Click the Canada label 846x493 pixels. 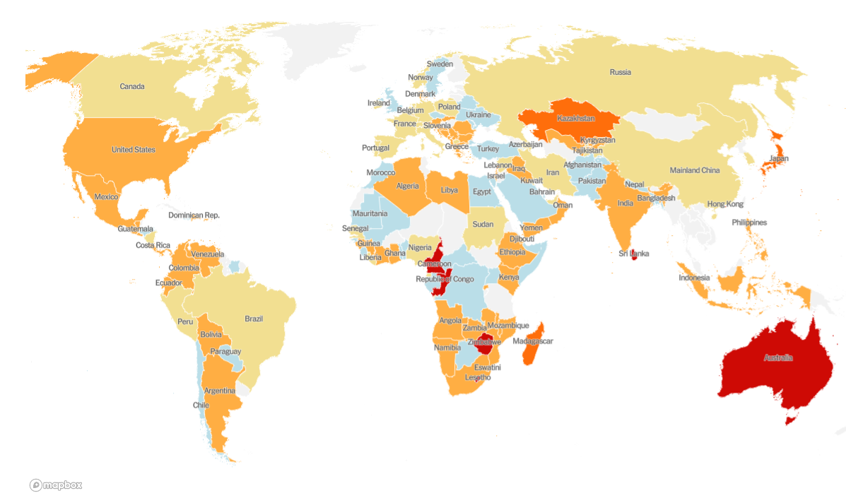click(132, 87)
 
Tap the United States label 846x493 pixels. click(134, 150)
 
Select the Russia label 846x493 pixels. click(621, 72)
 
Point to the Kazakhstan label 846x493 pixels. click(575, 119)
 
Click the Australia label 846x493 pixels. click(778, 358)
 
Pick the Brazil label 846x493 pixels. click(254, 319)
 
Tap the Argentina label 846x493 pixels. click(220, 391)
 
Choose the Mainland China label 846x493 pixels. click(695, 170)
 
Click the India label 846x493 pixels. click(625, 203)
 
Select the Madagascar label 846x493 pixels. click(533, 341)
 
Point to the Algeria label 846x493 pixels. click(407, 186)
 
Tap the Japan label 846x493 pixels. click(779, 159)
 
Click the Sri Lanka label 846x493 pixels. click(634, 254)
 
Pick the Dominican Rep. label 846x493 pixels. click(194, 215)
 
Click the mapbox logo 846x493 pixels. click(56, 485)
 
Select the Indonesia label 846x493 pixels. click(694, 278)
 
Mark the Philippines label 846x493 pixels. click(749, 222)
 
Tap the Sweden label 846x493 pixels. click(440, 64)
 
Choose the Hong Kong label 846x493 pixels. click(725, 204)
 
